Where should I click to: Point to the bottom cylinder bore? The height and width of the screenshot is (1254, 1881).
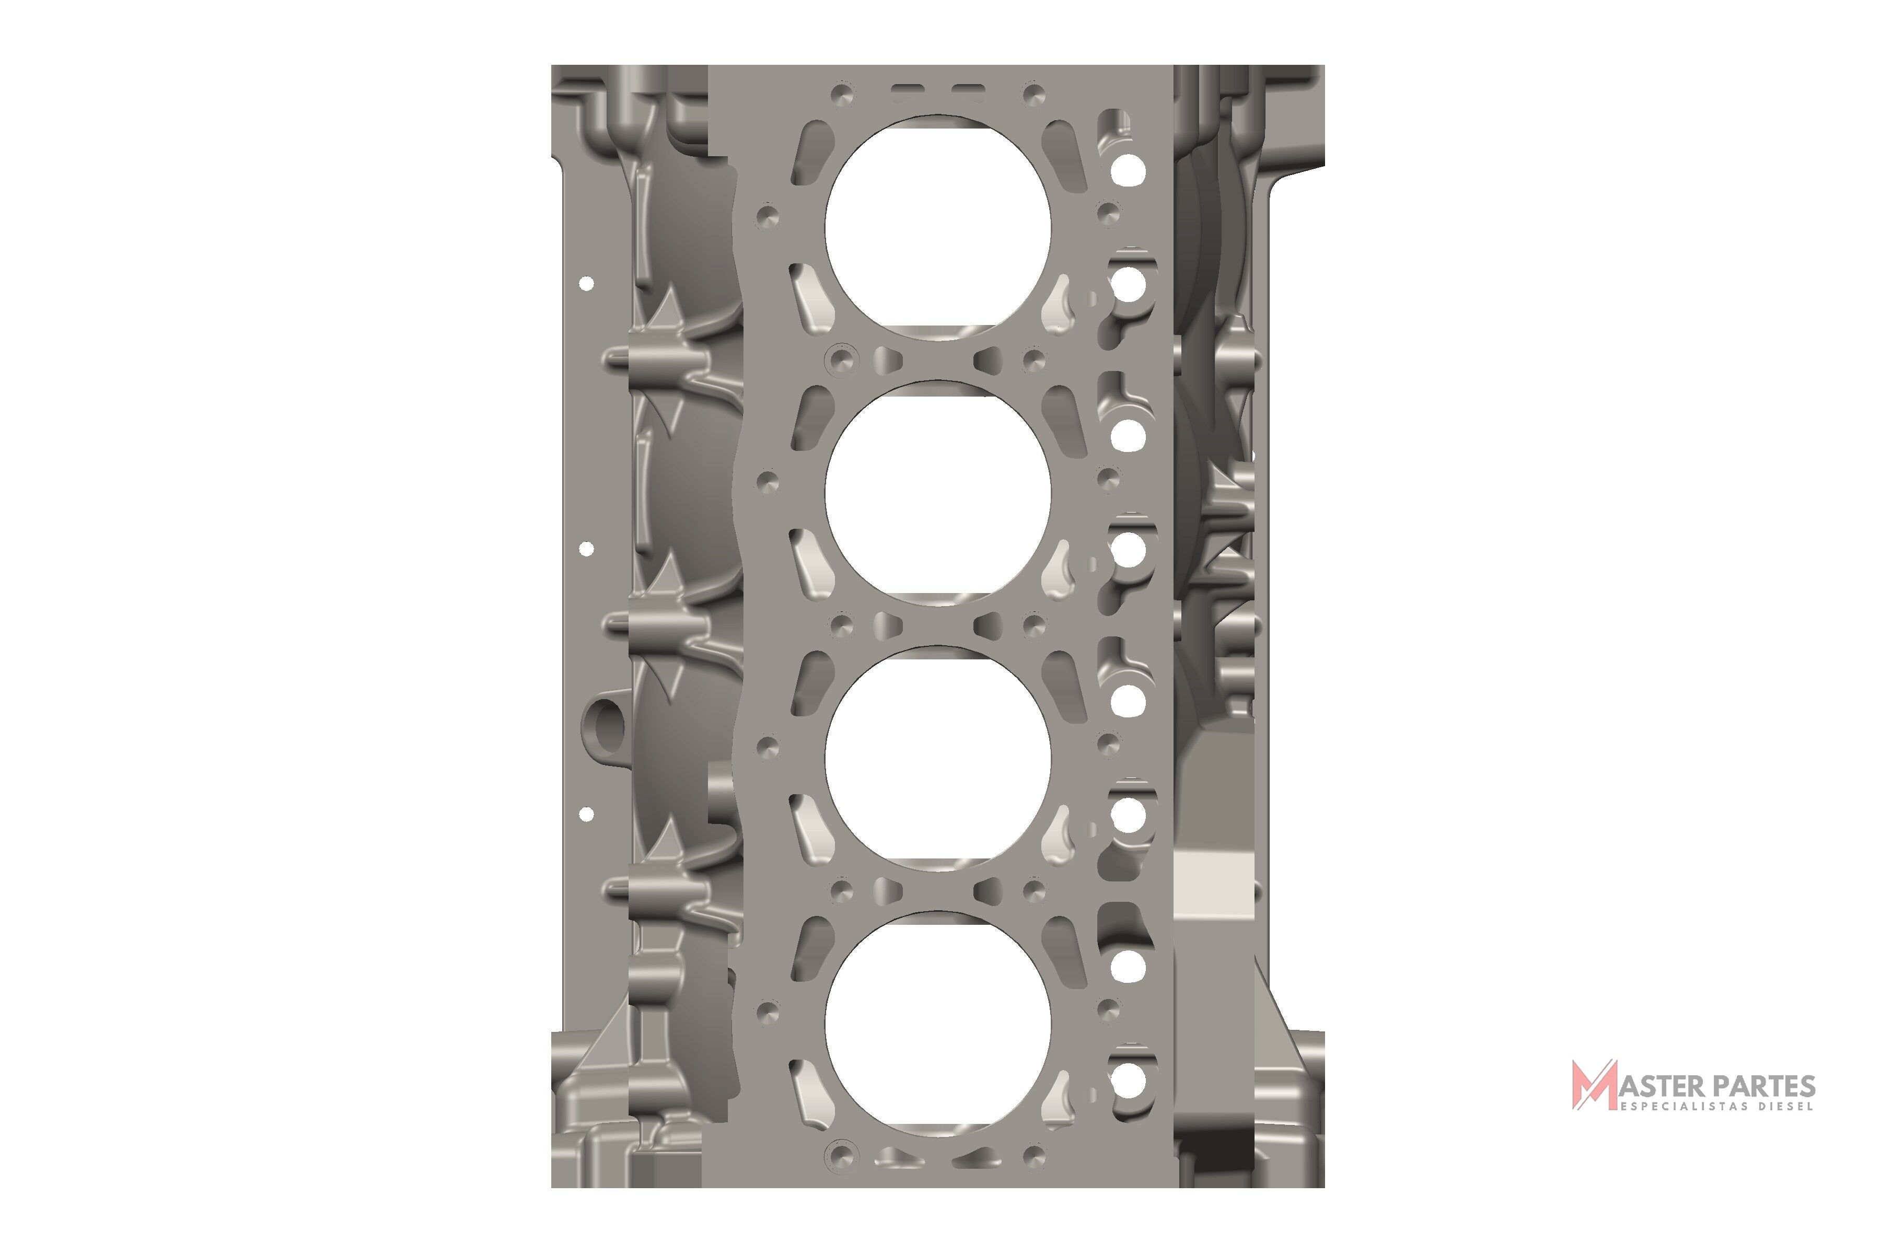(x=937, y=1023)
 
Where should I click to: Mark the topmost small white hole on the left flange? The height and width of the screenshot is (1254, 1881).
(x=586, y=283)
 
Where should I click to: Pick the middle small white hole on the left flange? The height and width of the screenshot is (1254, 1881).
(x=586, y=549)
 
